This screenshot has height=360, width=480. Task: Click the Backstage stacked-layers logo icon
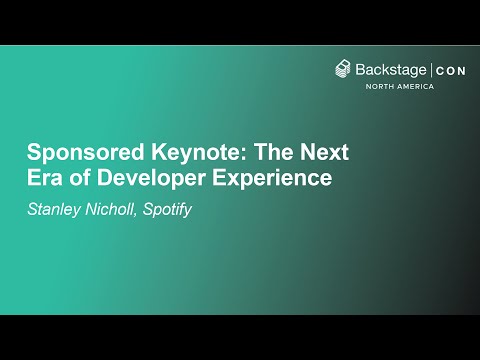(343, 69)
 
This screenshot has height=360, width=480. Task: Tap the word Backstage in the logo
(391, 69)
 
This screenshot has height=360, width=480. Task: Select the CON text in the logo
(449, 69)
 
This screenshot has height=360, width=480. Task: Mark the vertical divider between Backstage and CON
(431, 69)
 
